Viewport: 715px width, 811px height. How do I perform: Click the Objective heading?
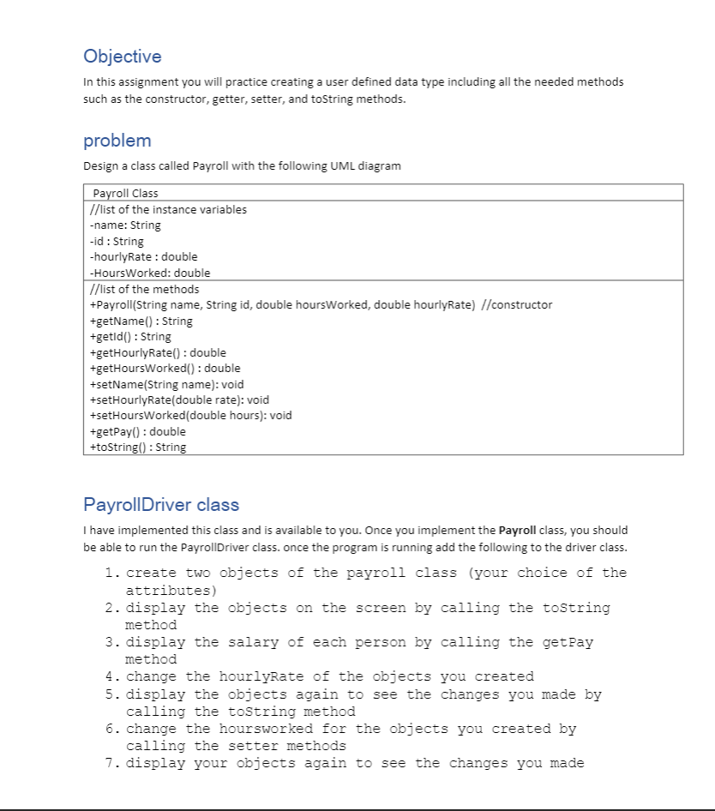[122, 57]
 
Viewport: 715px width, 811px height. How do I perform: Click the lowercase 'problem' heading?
[117, 141]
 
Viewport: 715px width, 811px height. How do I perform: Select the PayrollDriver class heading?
[161, 504]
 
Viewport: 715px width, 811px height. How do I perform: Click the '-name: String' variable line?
[125, 225]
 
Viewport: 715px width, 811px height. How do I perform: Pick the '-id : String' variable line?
[117, 241]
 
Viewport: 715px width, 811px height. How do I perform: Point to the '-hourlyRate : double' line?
[143, 256]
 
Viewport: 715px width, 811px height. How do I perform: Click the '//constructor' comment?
[517, 305]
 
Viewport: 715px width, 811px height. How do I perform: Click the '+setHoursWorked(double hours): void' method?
[190, 415]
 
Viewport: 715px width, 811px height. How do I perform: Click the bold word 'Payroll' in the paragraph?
[518, 531]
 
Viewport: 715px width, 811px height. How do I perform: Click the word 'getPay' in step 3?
[568, 642]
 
